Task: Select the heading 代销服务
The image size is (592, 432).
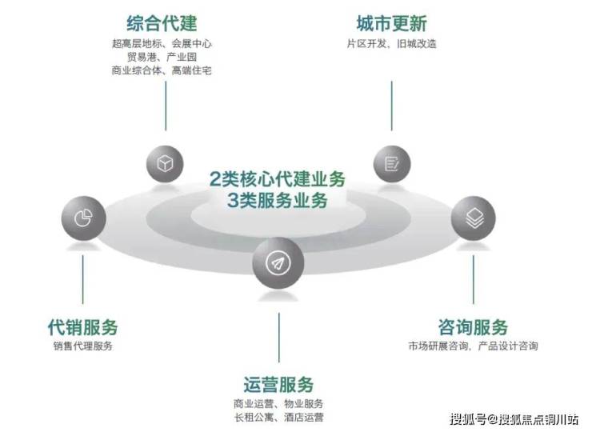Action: [82, 327]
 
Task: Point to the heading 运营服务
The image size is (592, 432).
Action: [278, 384]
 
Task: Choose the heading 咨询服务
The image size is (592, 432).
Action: [473, 327]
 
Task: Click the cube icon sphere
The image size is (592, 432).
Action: [166, 164]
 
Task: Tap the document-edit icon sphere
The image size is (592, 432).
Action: [392, 164]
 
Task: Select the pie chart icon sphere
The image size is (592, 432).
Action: [82, 218]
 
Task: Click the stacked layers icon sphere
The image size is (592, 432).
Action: [473, 218]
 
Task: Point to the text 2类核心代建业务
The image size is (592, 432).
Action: [278, 178]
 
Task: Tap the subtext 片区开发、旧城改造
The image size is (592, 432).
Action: [391, 44]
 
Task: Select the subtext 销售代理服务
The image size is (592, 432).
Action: [82, 346]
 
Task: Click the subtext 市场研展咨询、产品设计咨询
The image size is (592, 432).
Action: [473, 346]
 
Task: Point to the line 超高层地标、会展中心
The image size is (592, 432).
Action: [162, 43]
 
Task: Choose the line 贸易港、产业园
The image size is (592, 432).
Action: [162, 57]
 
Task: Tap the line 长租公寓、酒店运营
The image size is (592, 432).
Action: [278, 417]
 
